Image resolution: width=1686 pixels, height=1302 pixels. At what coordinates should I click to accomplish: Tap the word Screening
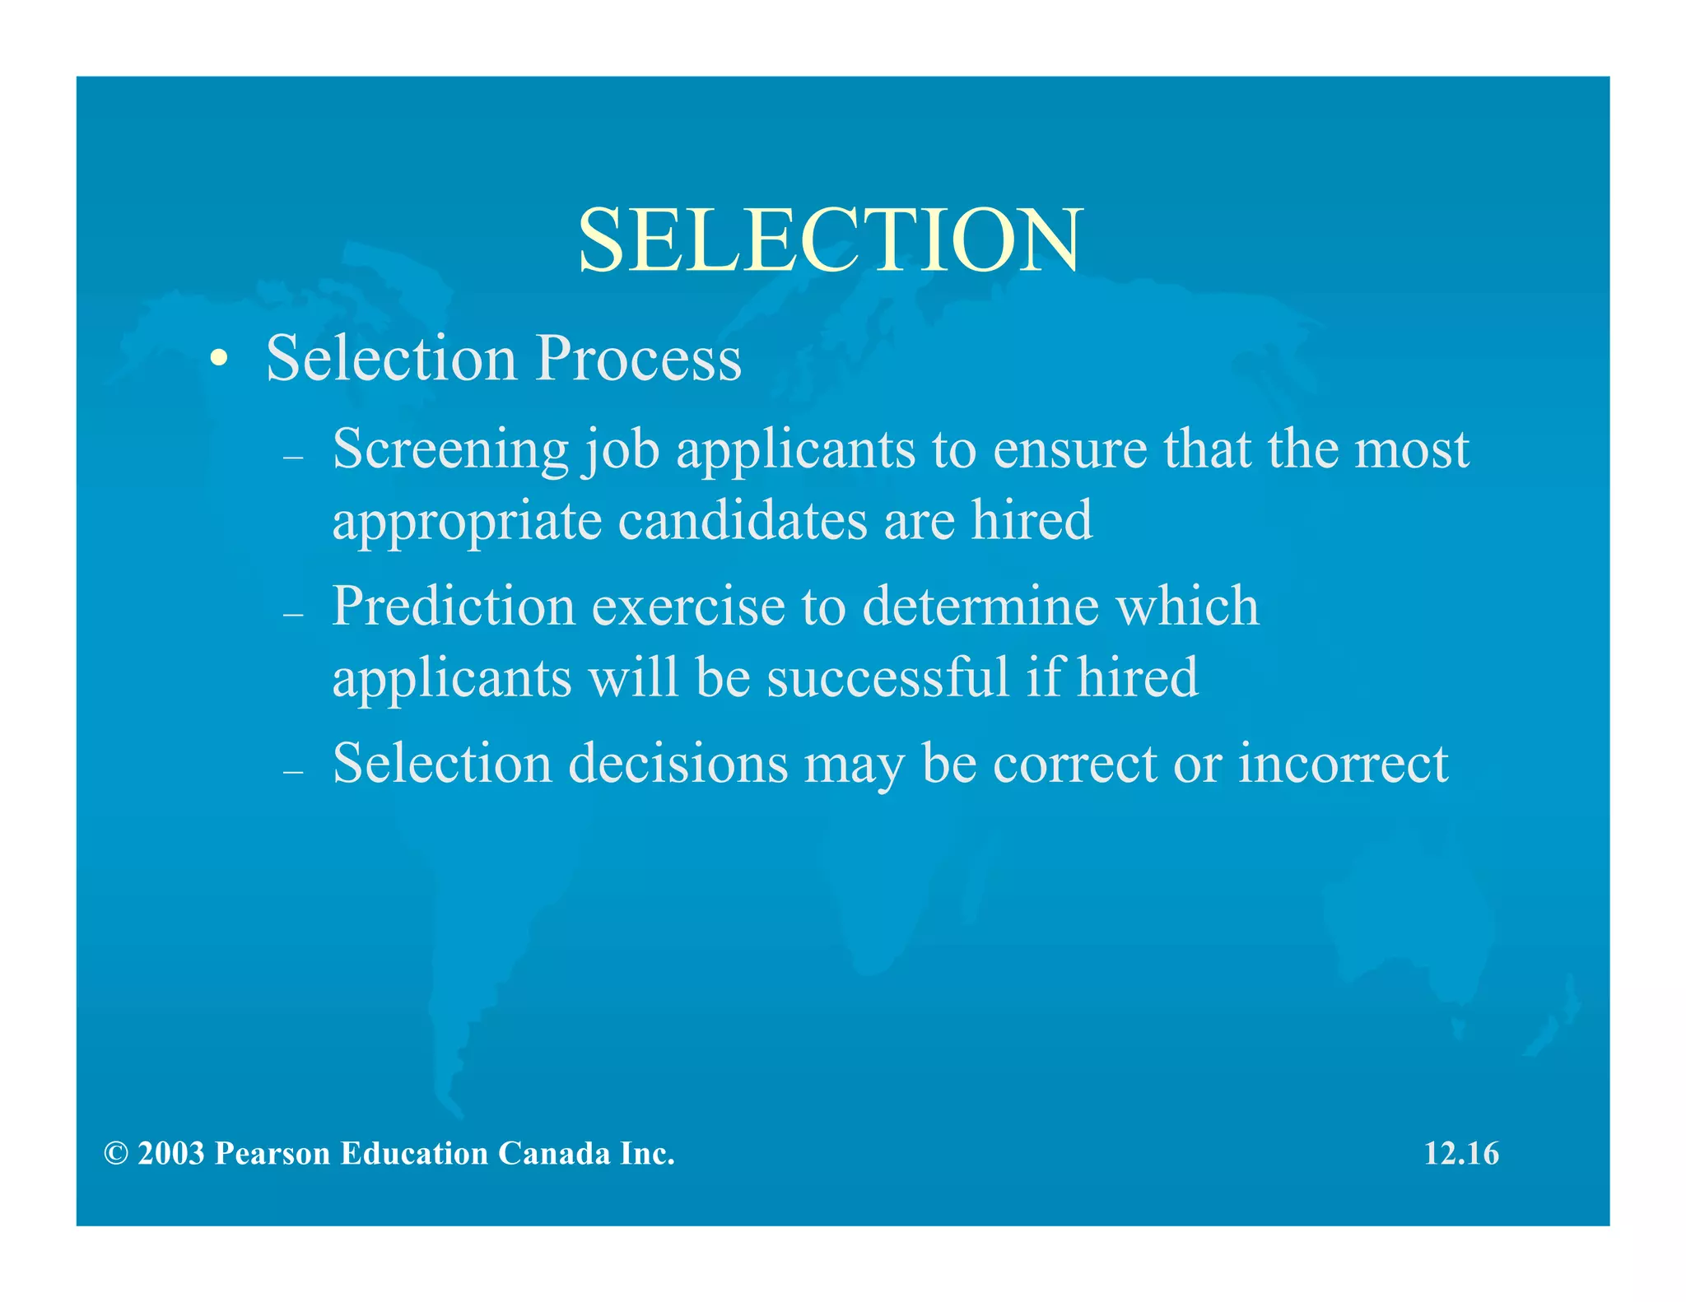(450, 450)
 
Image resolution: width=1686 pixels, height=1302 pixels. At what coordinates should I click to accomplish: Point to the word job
(621, 450)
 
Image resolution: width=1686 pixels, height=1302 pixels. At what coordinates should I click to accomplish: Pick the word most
(1412, 450)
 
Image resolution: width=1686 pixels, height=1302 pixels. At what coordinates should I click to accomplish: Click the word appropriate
(466, 522)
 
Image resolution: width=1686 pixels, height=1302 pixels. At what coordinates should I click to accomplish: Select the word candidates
(743, 522)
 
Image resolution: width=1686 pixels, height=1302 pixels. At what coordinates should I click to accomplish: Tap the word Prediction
(454, 607)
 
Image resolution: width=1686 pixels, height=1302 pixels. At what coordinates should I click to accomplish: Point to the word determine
(980, 607)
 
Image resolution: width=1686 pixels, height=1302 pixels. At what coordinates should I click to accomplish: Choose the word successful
(887, 678)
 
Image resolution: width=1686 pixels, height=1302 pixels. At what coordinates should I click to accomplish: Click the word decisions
(678, 764)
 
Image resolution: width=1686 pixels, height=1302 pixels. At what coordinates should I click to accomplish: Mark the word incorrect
(1343, 764)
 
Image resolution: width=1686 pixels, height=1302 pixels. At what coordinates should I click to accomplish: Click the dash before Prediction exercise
(293, 614)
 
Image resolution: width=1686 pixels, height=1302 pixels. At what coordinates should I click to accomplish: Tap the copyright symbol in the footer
(116, 1154)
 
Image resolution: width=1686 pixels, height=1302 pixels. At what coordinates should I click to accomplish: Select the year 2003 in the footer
(170, 1154)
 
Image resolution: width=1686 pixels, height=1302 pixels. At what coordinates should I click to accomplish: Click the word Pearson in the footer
(272, 1154)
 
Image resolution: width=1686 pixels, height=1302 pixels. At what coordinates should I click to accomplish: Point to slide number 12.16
(1461, 1154)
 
